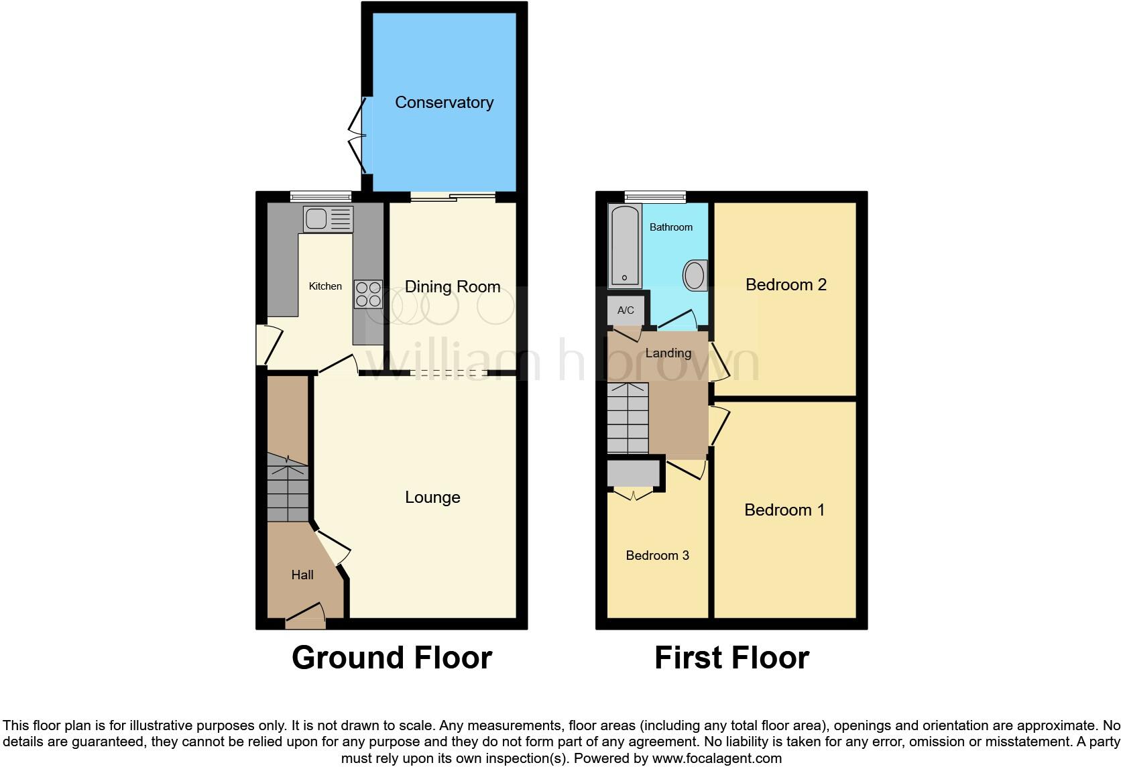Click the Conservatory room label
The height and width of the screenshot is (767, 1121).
444,103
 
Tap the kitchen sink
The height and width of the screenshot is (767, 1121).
327,219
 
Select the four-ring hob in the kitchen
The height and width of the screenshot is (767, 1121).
368,294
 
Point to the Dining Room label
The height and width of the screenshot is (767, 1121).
453,287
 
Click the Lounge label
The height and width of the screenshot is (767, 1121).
432,497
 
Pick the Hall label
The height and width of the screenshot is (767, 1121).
302,575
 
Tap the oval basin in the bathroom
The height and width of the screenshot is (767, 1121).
695,275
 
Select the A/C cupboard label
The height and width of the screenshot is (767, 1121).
626,310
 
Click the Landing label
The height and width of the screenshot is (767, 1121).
668,353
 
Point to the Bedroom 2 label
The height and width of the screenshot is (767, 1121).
786,285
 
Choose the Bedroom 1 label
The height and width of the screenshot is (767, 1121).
784,510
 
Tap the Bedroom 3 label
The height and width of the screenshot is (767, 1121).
657,555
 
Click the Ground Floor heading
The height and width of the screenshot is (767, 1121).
392,658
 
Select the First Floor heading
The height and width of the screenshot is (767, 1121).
731,658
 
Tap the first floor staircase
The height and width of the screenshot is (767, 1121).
628,418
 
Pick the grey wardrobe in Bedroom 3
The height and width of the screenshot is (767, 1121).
632,473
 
